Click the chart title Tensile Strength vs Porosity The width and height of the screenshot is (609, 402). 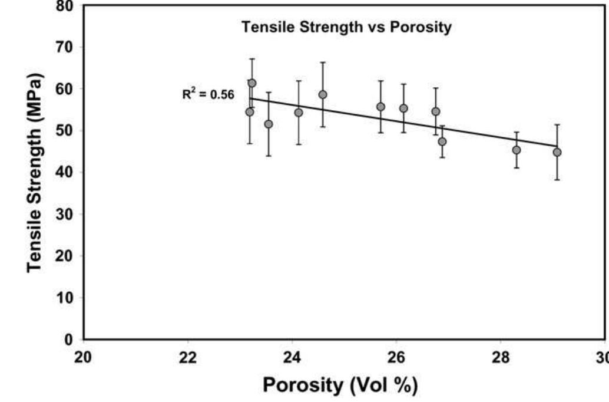tap(346, 28)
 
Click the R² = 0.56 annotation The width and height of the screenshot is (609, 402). tap(207, 94)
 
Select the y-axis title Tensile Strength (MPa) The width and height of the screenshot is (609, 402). tap(36, 173)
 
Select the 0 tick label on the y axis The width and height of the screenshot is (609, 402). tap(68, 340)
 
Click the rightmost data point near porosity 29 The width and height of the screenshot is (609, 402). tap(557, 152)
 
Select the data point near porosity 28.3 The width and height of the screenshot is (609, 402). tap(517, 150)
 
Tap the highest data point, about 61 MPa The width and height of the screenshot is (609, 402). tap(252, 83)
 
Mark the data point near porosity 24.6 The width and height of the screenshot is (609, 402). tap(323, 94)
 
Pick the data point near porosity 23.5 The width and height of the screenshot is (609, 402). tap(269, 124)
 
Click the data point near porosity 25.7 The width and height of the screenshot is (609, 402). tap(380, 107)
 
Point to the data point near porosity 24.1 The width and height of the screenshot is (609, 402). tap(299, 112)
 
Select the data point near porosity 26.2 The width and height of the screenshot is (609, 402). tap(403, 108)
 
